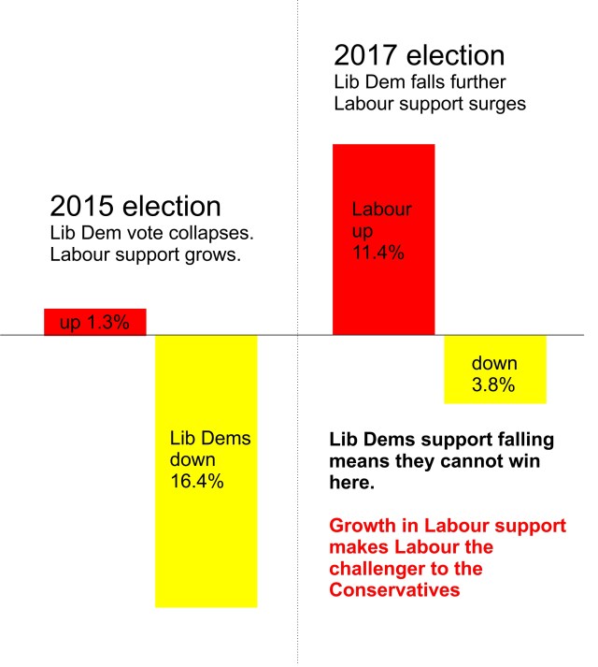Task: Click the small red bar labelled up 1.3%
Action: (95, 321)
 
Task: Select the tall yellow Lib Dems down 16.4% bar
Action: (206, 524)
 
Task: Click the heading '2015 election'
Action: (135, 207)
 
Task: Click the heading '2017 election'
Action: (420, 55)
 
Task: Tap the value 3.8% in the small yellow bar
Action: (492, 384)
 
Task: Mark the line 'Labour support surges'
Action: (430, 104)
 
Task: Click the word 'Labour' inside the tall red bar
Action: (381, 209)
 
